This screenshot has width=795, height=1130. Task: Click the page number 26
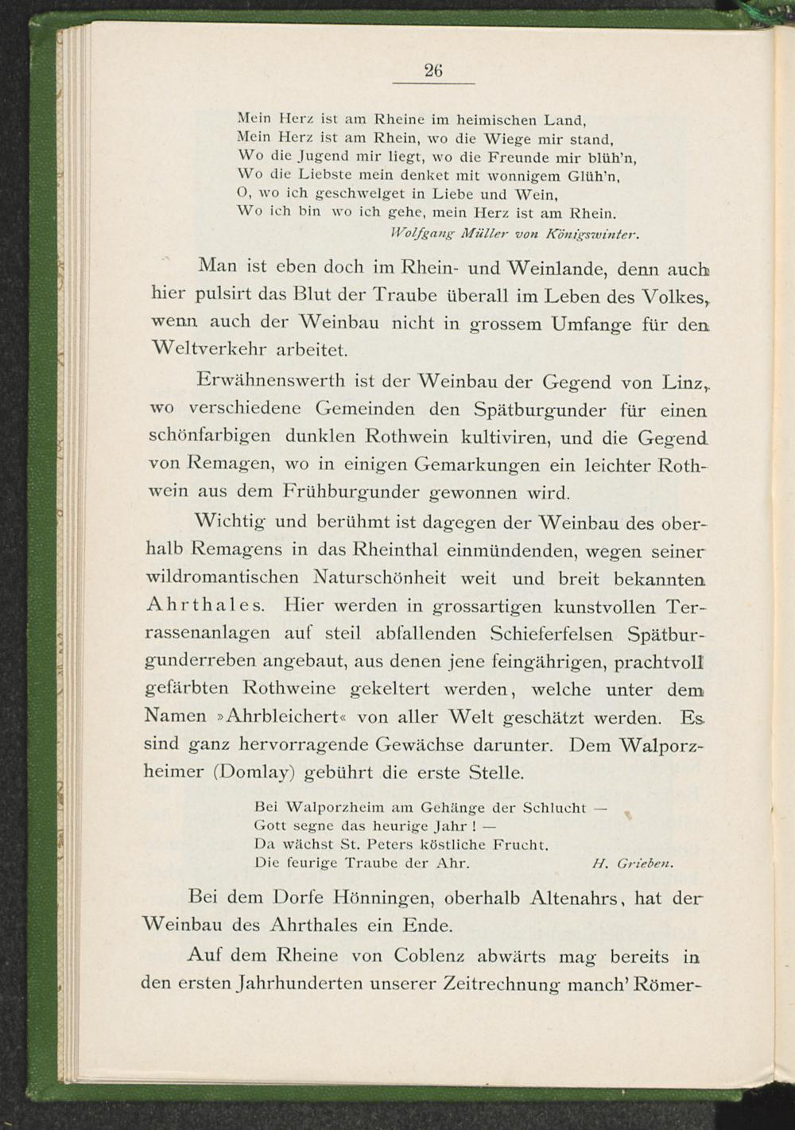click(x=432, y=71)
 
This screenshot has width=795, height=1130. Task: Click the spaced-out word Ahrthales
click(x=211, y=607)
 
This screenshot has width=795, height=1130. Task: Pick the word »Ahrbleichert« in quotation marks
click(x=281, y=716)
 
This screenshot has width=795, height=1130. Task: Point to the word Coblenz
click(x=424, y=955)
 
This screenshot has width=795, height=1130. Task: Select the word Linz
click(x=681, y=382)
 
